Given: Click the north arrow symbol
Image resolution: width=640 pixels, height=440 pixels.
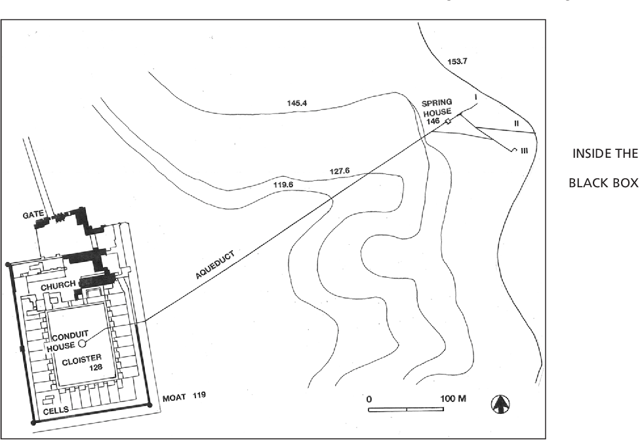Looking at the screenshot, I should tap(500, 404).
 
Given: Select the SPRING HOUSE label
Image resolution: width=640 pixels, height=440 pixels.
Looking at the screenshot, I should tap(436, 108).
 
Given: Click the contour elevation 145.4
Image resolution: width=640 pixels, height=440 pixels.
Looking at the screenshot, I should tap(298, 103).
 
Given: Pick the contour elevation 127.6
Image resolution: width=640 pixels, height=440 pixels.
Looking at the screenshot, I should tap(339, 172).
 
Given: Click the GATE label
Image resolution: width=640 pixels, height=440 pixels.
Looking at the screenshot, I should tap(32, 214).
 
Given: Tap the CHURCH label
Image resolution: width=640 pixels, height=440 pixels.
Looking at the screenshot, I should tap(58, 285).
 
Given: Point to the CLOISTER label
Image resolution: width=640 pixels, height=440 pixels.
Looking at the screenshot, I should tap(82, 361).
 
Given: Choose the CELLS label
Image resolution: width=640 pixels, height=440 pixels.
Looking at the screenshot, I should tap(55, 411).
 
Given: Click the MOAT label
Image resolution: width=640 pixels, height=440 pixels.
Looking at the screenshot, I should tap(174, 397).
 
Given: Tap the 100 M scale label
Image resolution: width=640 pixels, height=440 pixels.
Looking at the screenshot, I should tap(453, 398).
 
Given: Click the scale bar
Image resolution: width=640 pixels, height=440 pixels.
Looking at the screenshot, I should tap(406, 409).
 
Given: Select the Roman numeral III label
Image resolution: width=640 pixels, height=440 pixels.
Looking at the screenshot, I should tap(523, 151).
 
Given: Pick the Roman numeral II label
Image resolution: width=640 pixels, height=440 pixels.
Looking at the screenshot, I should tap(516, 123).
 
